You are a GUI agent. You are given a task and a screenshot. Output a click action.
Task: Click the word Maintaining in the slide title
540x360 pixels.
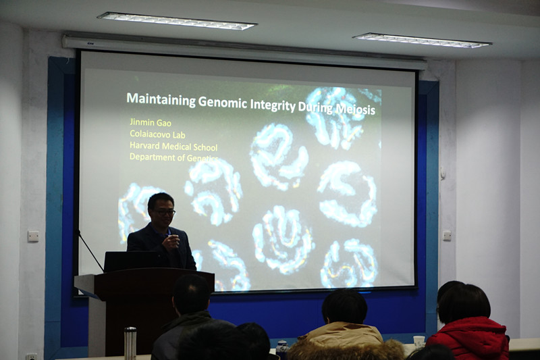[x=161, y=99]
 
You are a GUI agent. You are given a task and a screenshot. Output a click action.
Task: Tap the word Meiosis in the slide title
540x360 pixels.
[x=356, y=109]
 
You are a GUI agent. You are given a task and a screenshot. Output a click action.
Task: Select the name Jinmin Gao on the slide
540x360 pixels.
[x=151, y=122]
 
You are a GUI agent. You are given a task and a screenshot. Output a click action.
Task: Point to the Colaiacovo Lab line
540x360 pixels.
[x=157, y=134]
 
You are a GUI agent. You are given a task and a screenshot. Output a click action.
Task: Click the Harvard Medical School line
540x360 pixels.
[x=173, y=146]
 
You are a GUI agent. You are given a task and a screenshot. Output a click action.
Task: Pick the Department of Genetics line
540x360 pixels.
[x=174, y=157]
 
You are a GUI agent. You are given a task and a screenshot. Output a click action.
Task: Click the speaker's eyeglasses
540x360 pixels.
[x=164, y=213]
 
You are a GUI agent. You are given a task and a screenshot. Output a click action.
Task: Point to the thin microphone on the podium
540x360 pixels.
[x=90, y=250]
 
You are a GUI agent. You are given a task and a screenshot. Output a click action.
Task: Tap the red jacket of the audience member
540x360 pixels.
[x=468, y=339]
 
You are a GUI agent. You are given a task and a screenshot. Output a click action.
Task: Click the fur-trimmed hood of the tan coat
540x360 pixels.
[x=346, y=349]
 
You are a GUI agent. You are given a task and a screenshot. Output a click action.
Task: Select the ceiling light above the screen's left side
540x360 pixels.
[x=177, y=21]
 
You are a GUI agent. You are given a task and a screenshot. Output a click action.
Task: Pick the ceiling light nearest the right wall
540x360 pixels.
[x=422, y=41]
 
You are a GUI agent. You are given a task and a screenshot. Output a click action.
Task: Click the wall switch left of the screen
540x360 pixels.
[x=33, y=236]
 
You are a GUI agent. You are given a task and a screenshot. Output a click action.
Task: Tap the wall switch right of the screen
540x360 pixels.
[x=447, y=236]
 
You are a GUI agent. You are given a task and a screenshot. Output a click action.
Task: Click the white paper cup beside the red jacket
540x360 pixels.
[x=418, y=341]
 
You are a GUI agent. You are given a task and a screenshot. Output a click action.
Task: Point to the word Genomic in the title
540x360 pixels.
[x=223, y=102]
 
